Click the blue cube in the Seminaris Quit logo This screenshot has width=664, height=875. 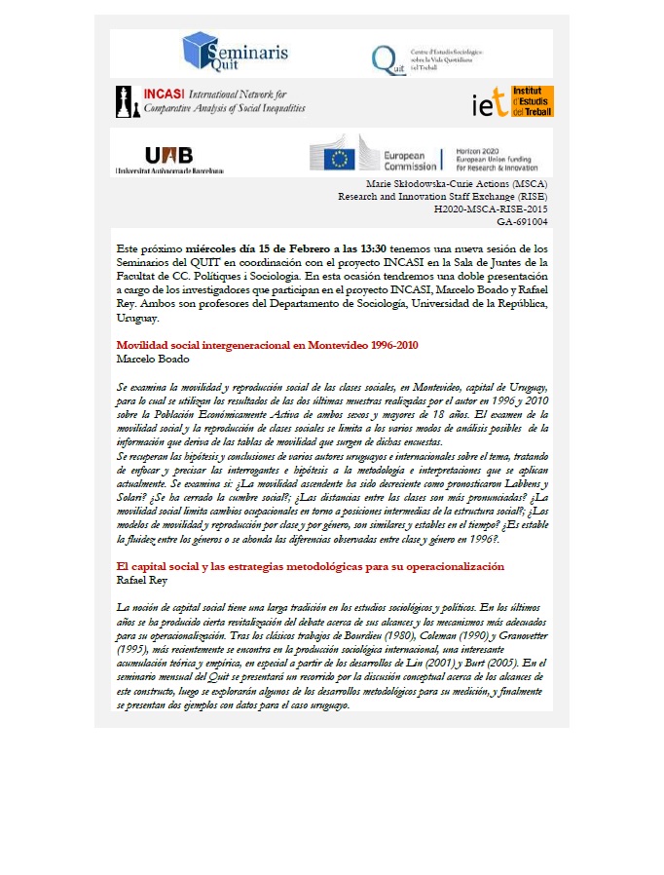click(x=200, y=49)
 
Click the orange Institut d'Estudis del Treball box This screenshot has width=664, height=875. click(x=532, y=101)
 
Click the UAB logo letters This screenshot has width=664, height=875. click(x=168, y=155)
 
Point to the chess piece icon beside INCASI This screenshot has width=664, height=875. click(x=126, y=99)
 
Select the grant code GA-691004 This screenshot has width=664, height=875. click(x=523, y=222)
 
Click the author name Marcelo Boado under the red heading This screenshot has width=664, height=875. click(x=152, y=359)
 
